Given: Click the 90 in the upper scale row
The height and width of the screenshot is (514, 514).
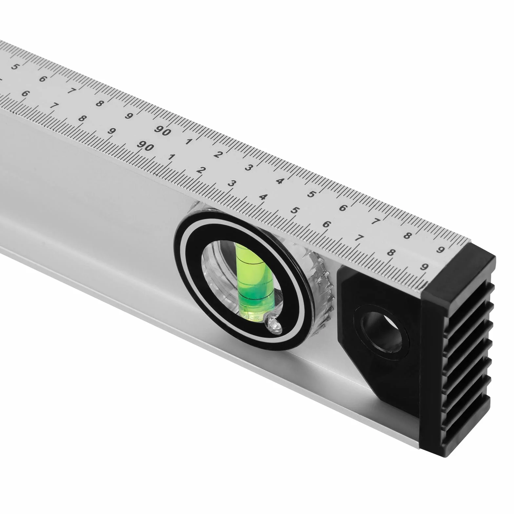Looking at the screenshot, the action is point(163,130).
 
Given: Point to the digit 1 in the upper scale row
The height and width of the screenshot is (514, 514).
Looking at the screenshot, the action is point(188,142).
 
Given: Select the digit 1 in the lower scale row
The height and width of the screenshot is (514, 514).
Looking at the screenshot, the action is point(171,157).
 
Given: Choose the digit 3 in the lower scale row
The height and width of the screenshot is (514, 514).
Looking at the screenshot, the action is point(231,183).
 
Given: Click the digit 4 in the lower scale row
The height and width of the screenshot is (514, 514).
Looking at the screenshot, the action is point(263,197).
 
